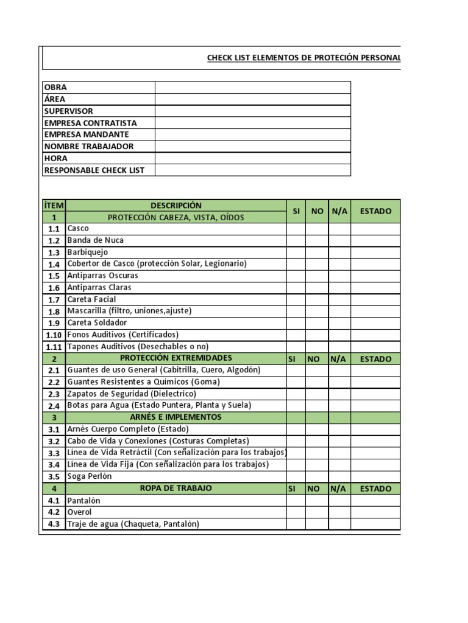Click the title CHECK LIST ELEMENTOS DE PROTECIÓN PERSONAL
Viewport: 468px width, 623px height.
click(x=303, y=58)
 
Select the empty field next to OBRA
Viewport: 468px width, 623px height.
click(x=252, y=88)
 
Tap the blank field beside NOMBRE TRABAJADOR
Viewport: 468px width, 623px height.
click(x=252, y=147)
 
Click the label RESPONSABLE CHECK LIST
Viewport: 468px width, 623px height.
click(x=94, y=170)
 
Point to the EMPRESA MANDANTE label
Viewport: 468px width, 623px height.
click(x=87, y=134)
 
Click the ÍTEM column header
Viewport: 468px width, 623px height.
click(x=54, y=206)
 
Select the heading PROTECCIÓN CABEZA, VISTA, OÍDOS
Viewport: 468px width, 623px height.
click(x=175, y=217)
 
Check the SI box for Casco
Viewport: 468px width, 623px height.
click(x=296, y=229)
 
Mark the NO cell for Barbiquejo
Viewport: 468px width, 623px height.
click(x=316, y=252)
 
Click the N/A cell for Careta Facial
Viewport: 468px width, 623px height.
click(x=339, y=299)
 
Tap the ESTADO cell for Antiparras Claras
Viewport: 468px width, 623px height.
click(x=375, y=288)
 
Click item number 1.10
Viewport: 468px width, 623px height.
click(x=54, y=335)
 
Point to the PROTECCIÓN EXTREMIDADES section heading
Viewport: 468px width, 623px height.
click(x=175, y=358)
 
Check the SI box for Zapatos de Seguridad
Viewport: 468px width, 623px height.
click(x=296, y=394)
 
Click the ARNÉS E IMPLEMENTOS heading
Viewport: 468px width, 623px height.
click(x=175, y=417)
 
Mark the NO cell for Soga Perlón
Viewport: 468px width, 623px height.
click(x=316, y=476)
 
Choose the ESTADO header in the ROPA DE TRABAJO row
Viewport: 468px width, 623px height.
click(x=375, y=489)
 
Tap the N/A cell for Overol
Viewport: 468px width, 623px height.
click(x=339, y=512)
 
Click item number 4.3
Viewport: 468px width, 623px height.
click(x=54, y=524)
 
